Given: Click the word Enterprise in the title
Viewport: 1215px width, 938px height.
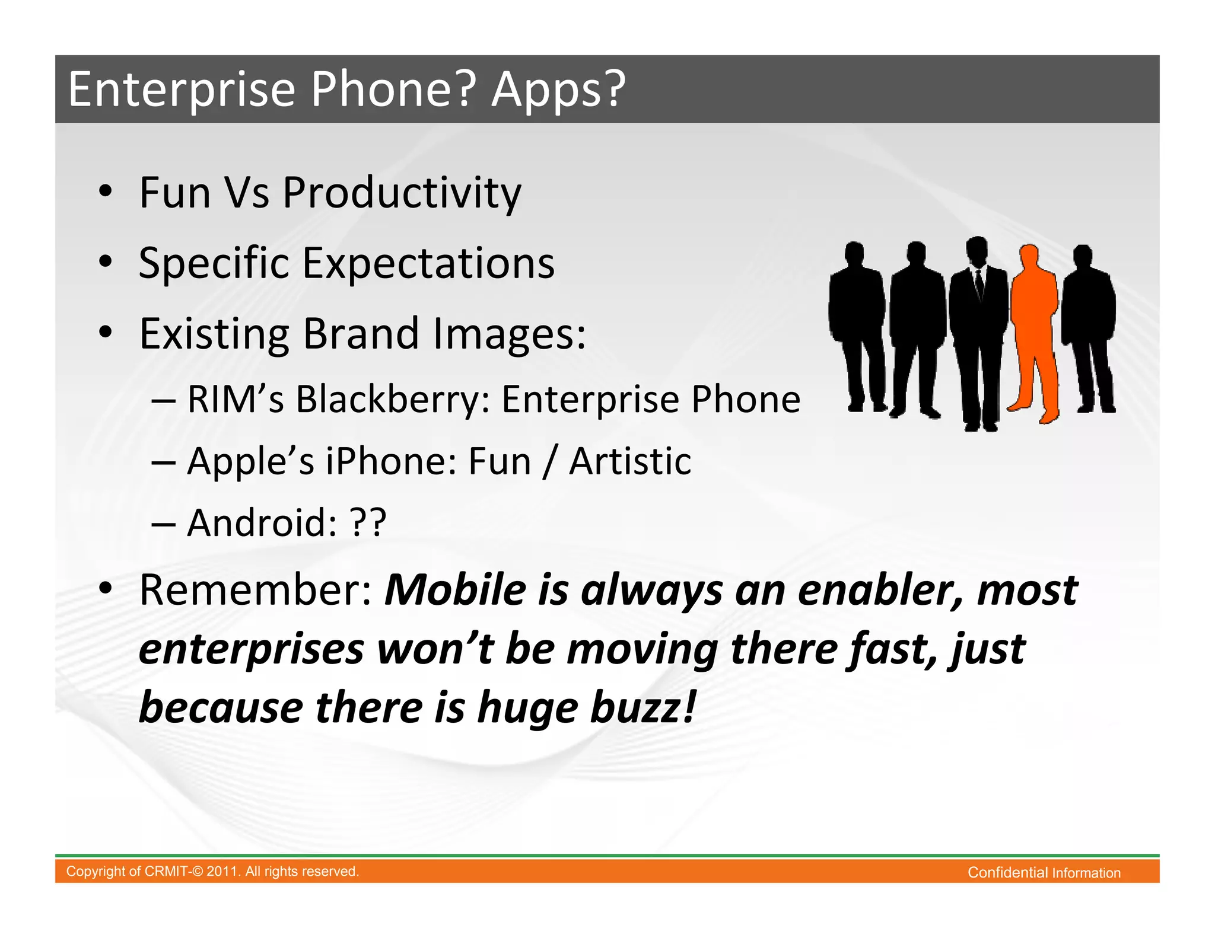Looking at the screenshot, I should (182, 90).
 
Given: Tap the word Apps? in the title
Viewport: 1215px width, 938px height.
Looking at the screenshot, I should (558, 90).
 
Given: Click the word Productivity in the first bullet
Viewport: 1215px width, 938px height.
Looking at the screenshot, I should (402, 194).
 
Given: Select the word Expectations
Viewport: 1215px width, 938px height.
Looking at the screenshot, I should (428, 263).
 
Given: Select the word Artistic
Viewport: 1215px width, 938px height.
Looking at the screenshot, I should (630, 461).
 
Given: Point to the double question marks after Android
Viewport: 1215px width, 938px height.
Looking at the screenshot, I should (368, 523).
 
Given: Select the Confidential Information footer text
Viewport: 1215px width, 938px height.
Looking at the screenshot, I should (1044, 873).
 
